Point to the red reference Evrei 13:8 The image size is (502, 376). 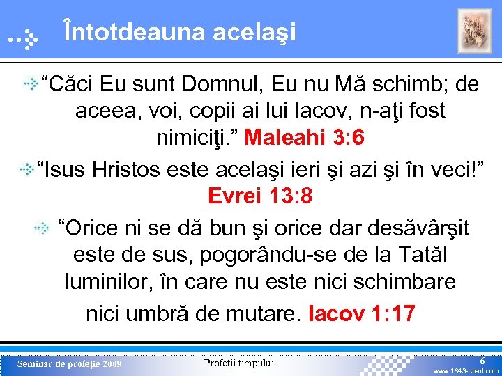pos(260,196)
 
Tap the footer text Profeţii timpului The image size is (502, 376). pos(239,363)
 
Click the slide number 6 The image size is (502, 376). pos(482,360)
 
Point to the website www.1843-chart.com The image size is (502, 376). pos(466,371)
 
